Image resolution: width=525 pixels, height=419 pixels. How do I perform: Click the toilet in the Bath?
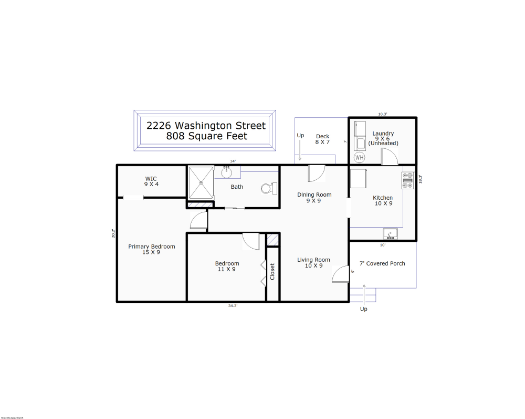pos(268,188)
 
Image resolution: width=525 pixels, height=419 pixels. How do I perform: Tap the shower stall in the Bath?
pos(201,182)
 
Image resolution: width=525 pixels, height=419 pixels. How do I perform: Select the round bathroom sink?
pos(227,171)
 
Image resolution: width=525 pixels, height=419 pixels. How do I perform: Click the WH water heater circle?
pos(360,157)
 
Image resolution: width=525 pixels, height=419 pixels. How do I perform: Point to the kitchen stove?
pos(408,180)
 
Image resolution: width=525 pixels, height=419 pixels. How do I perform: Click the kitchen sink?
pos(390,233)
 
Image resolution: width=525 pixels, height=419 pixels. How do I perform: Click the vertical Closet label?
pos(272,271)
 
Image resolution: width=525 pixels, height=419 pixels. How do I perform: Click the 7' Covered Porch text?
pos(382,263)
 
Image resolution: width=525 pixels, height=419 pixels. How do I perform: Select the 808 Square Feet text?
pos(206,136)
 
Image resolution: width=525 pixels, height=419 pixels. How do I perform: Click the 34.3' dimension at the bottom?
pos(233,305)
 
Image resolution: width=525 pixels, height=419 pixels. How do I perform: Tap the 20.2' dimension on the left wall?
pos(113,233)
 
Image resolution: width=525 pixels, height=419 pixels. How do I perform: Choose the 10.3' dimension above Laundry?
pos(382,114)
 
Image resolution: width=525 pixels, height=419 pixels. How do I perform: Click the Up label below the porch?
pos(363,309)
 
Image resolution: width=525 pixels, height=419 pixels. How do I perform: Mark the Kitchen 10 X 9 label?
pos(383,200)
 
